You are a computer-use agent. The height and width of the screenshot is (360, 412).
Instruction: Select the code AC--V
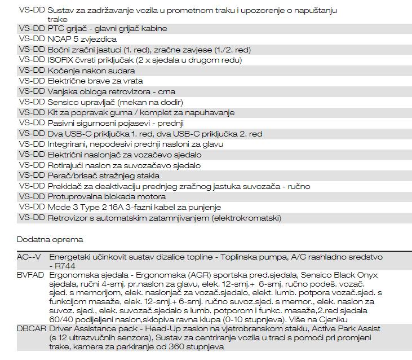point(29,257)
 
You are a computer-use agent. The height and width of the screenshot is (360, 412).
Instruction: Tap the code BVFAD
point(30,275)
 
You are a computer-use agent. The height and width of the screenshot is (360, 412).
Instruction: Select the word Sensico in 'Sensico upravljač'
point(64,102)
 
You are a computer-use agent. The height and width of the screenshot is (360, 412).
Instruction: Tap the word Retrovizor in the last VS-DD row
point(68,218)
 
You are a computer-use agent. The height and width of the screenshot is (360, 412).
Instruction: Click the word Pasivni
point(62,123)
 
